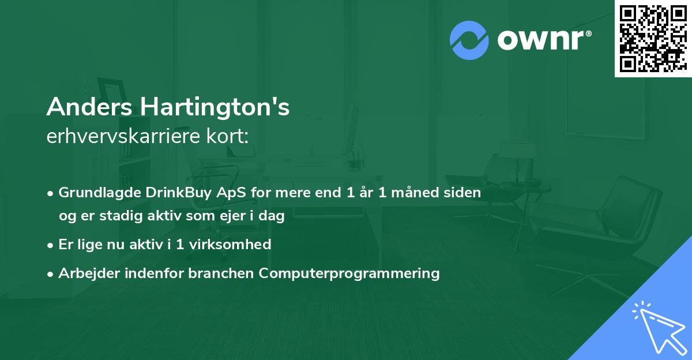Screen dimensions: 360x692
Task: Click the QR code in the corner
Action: pyautogui.click(x=653, y=38)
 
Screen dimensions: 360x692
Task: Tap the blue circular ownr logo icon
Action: pyautogui.click(x=469, y=40)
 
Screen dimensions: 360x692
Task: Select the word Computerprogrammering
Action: pyautogui.click(x=349, y=273)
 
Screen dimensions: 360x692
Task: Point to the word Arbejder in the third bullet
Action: pyautogui.click(x=84, y=273)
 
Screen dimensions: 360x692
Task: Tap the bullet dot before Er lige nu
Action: pyautogui.click(x=51, y=245)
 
